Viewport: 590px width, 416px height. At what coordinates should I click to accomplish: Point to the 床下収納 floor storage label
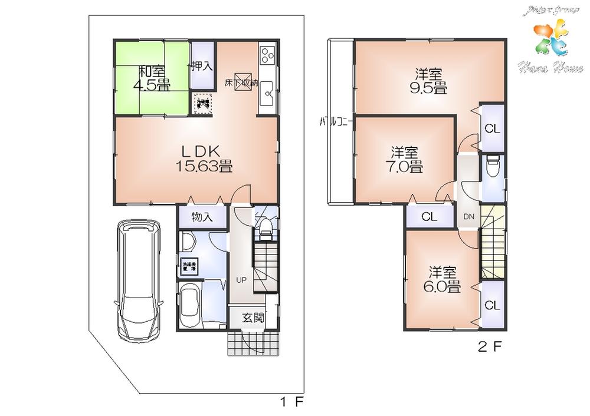(x=241, y=82)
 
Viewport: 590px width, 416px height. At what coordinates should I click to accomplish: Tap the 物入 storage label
(x=201, y=217)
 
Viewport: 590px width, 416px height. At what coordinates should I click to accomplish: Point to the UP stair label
(x=241, y=279)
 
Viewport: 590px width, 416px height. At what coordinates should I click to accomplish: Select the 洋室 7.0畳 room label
(x=406, y=159)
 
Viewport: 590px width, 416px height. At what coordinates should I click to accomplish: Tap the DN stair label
(x=469, y=217)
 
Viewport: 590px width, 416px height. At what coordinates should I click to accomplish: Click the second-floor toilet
(x=493, y=167)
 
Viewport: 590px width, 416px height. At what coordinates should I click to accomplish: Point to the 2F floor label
(x=490, y=347)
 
